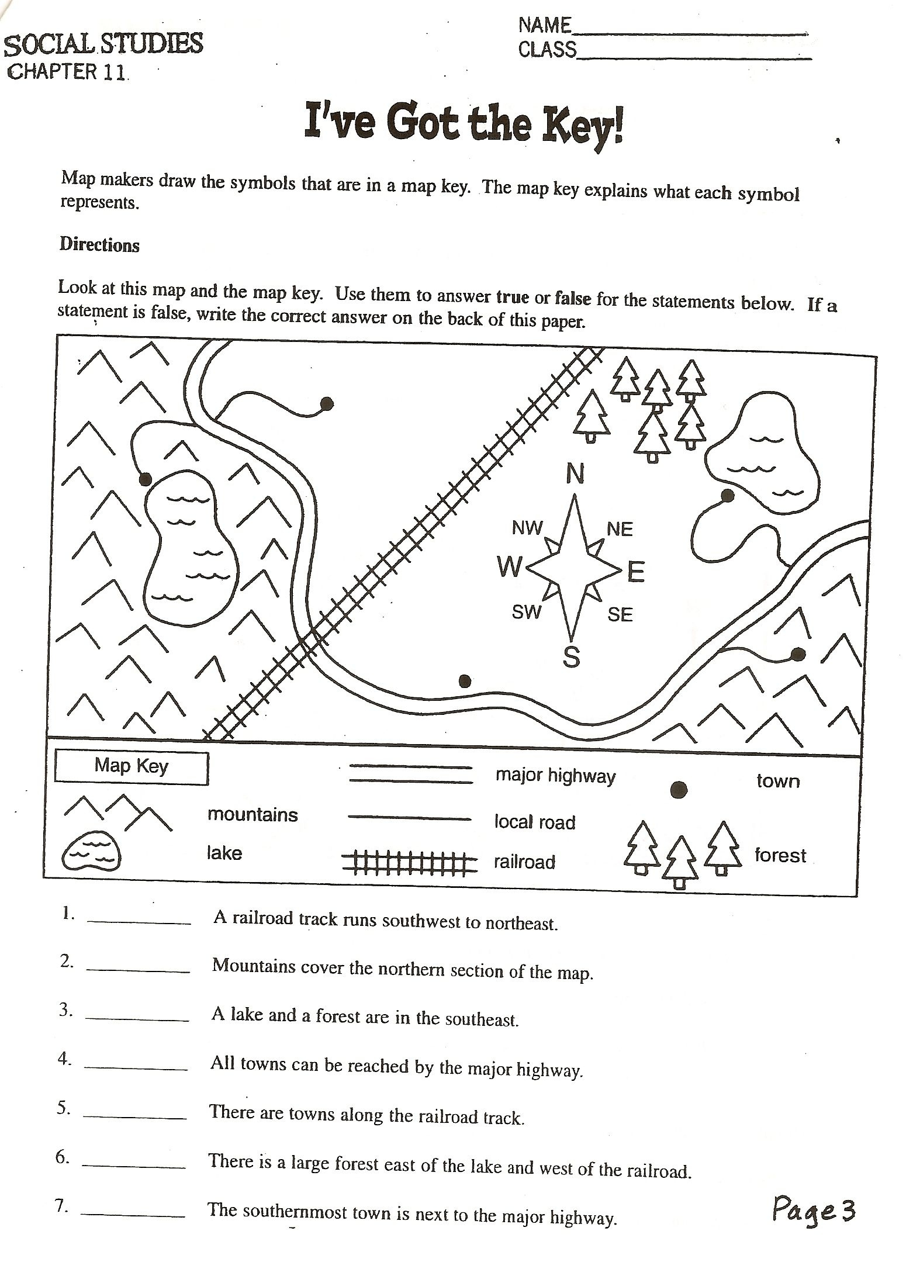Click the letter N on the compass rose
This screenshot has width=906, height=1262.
pos(575,474)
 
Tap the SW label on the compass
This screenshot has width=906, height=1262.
pos(527,613)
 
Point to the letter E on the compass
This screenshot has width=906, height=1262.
pos(636,572)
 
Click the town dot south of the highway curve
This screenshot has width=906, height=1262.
pos(465,680)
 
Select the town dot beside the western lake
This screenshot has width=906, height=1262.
pos(146,479)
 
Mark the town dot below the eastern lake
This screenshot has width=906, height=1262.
pos(727,496)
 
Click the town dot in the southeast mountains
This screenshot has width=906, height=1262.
pos(798,654)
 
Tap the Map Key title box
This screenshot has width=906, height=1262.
pos(132,767)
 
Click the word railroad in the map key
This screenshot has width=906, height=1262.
pos(524,862)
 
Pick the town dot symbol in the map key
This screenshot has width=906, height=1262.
pos(679,790)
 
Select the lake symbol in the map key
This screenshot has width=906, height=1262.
pos(92,854)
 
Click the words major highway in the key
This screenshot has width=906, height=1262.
pos(555,776)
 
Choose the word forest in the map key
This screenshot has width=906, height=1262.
pos(780,856)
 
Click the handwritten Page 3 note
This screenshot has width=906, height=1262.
pos(814,1208)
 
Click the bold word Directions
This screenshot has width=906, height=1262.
pos(99,245)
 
